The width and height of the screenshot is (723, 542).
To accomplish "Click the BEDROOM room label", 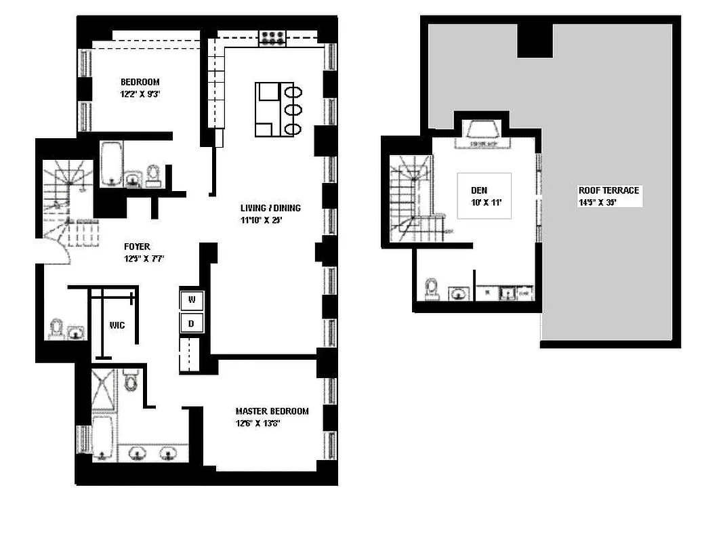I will (140, 82).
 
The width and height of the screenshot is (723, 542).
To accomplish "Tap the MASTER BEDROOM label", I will (272, 411).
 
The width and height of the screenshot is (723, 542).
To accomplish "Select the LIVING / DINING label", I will (270, 208).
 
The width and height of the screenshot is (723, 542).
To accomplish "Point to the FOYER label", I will (136, 247).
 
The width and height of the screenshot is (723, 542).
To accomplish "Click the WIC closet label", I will (117, 325).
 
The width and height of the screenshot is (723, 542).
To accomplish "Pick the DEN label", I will (479, 190).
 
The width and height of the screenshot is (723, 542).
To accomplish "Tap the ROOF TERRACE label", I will (608, 190).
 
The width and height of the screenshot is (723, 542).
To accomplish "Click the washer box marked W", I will (190, 299).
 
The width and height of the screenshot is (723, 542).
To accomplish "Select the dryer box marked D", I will (190, 323).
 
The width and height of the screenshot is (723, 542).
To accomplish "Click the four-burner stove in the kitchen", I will (273, 38).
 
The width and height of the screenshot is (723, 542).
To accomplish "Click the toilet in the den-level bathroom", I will (431, 290).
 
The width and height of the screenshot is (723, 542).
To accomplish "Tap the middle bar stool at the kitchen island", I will (293, 110).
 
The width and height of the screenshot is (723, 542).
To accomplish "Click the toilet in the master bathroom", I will (131, 383).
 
